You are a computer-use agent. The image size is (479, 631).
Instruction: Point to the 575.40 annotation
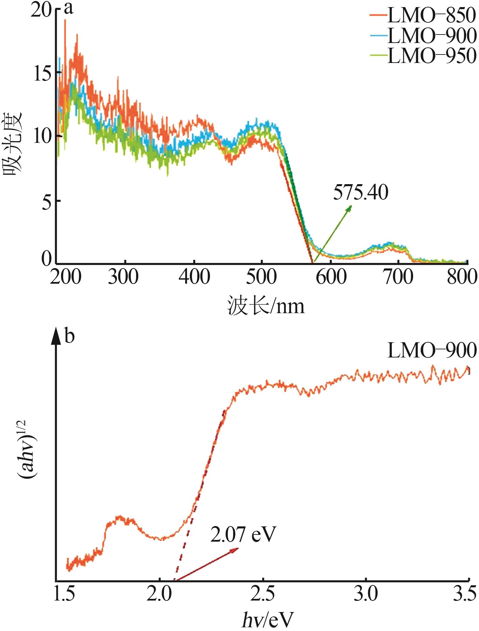coord(361,193)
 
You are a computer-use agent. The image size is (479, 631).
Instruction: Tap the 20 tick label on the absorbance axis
coord(41,10)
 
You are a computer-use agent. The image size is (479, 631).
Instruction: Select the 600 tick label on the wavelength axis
coord(331,277)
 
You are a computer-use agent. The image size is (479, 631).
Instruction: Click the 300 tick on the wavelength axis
coord(123,277)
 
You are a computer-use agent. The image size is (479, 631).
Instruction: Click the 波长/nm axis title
coord(266,306)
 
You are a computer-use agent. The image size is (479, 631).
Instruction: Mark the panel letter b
coord(69,336)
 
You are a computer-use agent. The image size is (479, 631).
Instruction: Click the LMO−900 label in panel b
coord(432,350)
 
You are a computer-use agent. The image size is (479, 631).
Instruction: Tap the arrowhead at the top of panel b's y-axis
coord(56,335)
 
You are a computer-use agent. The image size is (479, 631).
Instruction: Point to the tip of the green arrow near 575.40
coord(351,205)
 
